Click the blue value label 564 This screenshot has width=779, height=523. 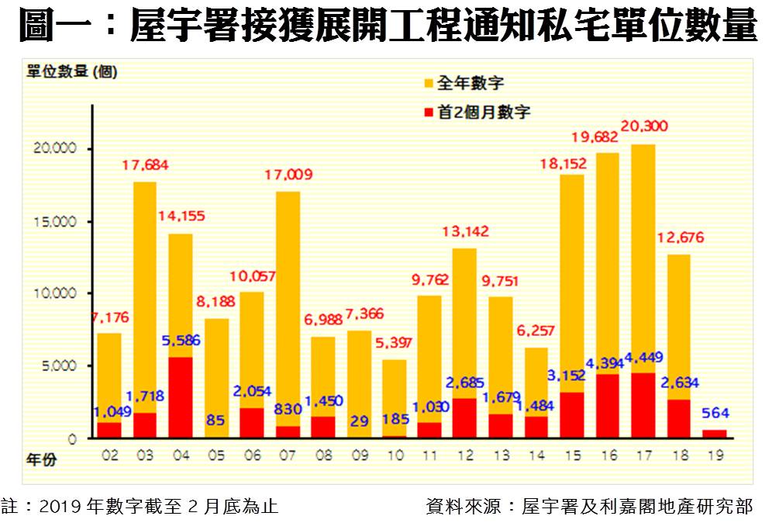(716, 413)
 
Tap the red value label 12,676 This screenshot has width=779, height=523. (680, 237)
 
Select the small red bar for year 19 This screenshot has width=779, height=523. (715, 434)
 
